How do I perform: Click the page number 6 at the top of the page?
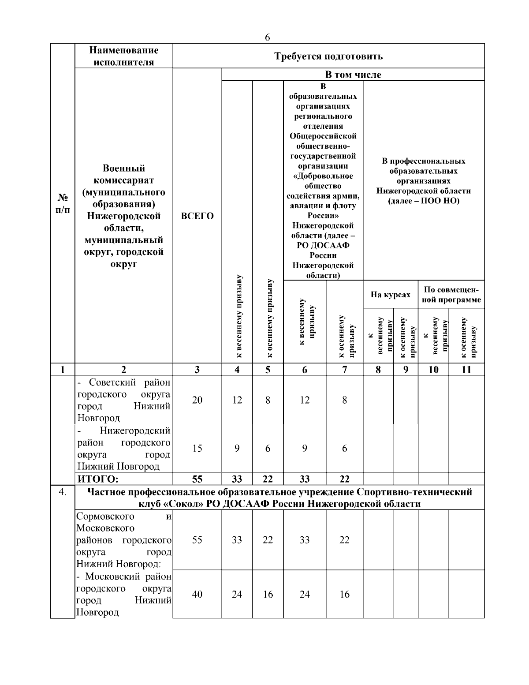coord(267,37)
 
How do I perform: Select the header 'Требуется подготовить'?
coord(328,56)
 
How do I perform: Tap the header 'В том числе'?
coord(353,75)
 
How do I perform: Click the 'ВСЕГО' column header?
coord(197,216)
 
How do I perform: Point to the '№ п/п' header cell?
coord(63,203)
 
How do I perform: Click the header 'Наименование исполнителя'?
coord(123,56)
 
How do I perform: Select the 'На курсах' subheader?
coord(390,295)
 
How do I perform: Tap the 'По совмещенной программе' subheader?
coord(451,295)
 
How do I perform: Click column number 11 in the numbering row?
coord(466,370)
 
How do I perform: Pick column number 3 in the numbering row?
coord(197,370)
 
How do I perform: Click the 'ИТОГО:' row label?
coord(98,479)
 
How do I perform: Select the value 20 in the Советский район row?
coord(197,400)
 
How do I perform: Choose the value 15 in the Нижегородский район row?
coord(197,449)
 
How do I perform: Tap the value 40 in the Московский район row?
coord(197,594)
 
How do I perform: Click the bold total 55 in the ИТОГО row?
coord(197,479)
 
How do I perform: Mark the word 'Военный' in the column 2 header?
coord(123,168)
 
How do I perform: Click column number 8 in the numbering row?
coord(378,370)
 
